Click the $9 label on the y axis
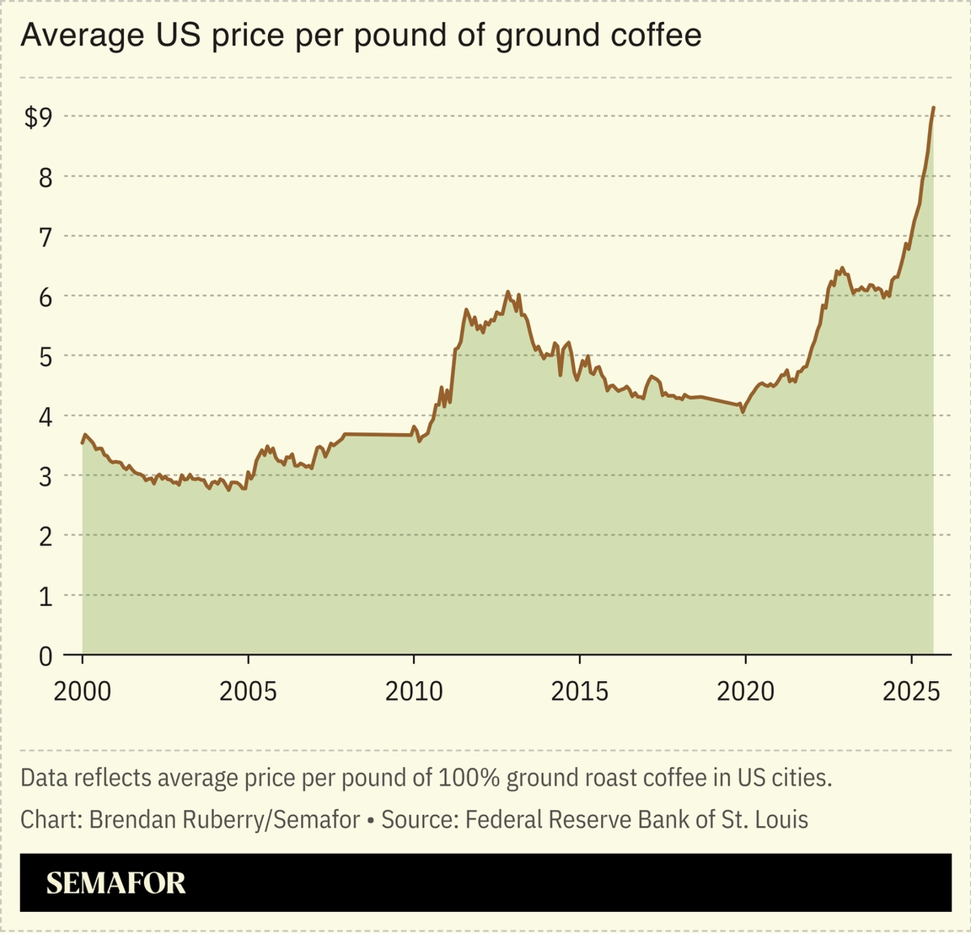(39, 117)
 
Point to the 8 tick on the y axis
(45, 177)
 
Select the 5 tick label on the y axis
(45, 357)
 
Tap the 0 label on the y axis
(45, 656)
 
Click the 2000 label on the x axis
(82, 691)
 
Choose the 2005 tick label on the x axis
(248, 691)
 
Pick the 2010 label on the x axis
(413, 691)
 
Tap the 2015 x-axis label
(579, 691)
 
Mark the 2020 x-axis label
(745, 691)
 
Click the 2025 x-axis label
(911, 691)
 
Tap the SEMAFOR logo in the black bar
(115, 882)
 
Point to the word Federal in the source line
(500, 819)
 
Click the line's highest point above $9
(933, 108)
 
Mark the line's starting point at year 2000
(83, 442)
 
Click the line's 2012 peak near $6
(507, 292)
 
